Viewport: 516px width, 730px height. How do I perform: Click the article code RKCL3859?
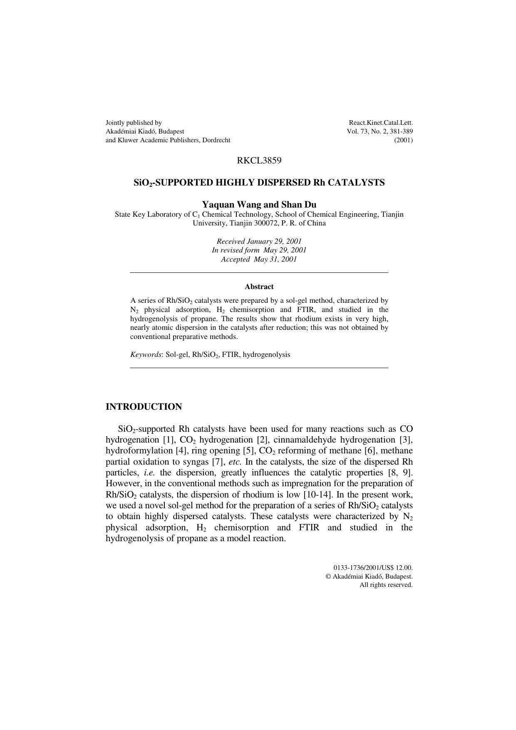(259, 161)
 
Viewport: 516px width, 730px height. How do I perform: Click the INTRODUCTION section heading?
(144, 407)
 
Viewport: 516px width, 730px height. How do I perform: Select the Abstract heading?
(259, 287)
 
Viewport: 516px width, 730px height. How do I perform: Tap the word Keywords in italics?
(146, 355)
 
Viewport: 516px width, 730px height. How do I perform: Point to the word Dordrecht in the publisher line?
(216, 140)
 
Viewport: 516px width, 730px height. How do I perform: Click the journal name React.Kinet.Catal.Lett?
(381, 123)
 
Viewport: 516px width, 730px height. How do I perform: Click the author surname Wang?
(249, 205)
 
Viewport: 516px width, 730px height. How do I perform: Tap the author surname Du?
(310, 205)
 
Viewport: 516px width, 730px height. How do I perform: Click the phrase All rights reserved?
(386, 585)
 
